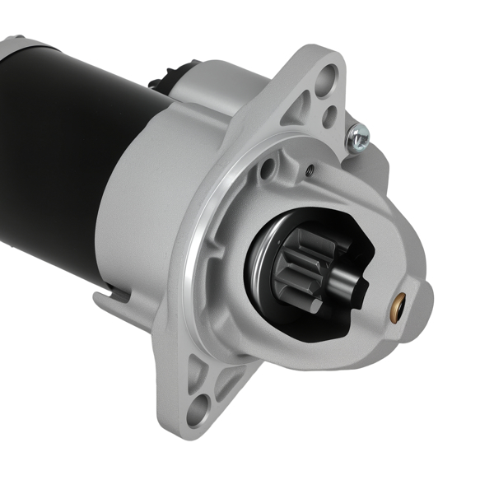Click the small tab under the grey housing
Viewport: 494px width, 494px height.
click(105, 298)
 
